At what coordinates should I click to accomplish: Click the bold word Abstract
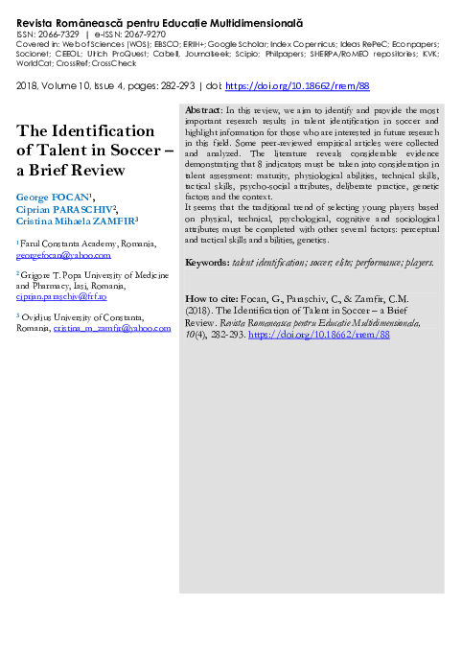[x=201, y=138]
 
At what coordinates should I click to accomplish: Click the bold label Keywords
[x=206, y=262]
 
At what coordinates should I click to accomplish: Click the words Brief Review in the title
[x=79, y=171]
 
